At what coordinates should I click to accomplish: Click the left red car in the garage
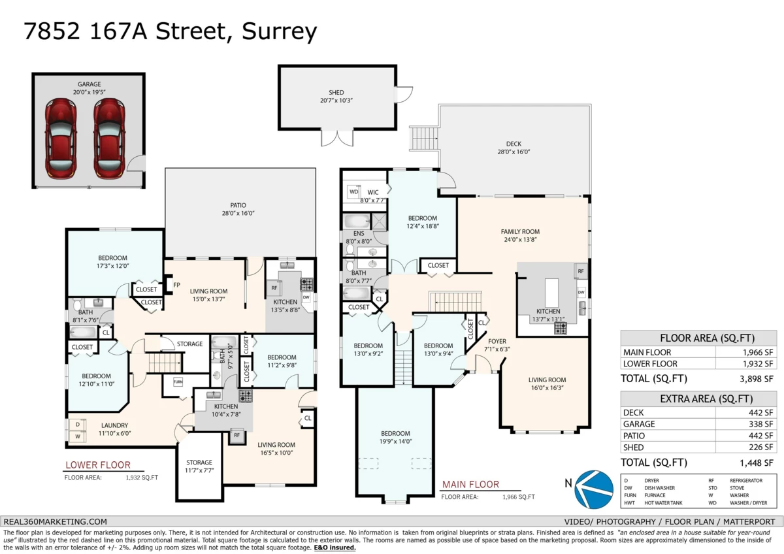coord(61,138)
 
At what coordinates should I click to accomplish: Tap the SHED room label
coord(336,92)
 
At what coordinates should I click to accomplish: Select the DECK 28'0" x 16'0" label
coord(514,148)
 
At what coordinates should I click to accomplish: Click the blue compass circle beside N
coord(594,489)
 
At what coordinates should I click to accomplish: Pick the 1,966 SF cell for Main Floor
coord(758,352)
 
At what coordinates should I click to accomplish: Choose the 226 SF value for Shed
coord(761,448)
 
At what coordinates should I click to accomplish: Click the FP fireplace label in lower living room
coord(176,285)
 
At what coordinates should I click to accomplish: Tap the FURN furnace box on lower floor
coord(178,382)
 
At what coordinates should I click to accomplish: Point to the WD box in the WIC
coord(353,192)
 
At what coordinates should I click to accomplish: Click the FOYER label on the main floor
coord(497,341)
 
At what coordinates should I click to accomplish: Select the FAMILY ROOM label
coord(520,232)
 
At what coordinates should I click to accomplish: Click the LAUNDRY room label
coord(114,425)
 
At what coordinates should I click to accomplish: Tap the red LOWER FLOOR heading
coord(98,464)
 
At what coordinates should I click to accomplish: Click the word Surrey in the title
coord(280,32)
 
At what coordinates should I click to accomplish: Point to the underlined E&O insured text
coord(335,547)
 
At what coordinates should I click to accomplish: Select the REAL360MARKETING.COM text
coord(56,522)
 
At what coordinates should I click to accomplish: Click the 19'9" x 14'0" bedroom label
coord(395,442)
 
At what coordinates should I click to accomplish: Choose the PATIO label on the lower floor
coord(238,205)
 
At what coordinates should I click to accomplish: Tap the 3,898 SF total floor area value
coord(757,379)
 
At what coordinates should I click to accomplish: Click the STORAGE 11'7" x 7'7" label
coord(199,466)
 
